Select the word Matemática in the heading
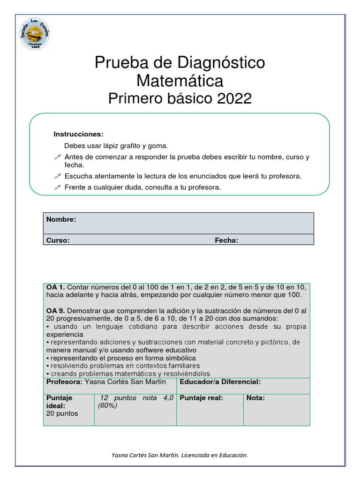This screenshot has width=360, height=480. pyautogui.click(x=180, y=81)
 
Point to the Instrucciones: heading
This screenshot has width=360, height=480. pyautogui.click(x=78, y=134)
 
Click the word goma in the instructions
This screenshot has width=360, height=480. pyautogui.click(x=157, y=146)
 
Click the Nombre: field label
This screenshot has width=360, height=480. pyautogui.click(x=61, y=219)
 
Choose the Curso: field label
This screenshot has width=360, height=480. pyautogui.click(x=58, y=240)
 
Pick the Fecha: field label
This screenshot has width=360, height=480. pyautogui.click(x=226, y=240)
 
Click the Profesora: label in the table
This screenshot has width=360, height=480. pyautogui.click(x=64, y=382)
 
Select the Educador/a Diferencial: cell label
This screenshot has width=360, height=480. pyautogui.click(x=220, y=382)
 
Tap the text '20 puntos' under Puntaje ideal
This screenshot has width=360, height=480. pyautogui.click(x=62, y=413)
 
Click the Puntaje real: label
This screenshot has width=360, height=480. pyautogui.click(x=201, y=398)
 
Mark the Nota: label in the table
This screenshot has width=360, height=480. pyautogui.click(x=255, y=398)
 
